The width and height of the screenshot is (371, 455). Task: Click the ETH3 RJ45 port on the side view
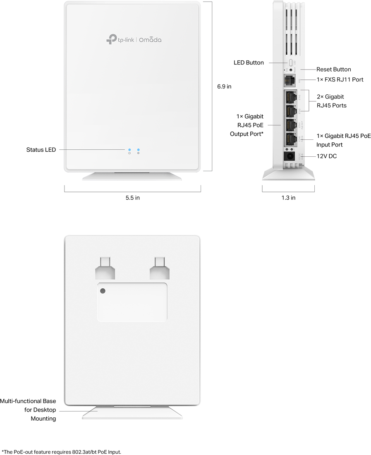[290, 97]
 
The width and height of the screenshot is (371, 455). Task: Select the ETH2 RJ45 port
[290, 110]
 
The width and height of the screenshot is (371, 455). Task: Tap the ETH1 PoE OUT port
[290, 125]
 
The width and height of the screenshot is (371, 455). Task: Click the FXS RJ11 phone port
[290, 80]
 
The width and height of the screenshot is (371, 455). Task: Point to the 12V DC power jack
[290, 156]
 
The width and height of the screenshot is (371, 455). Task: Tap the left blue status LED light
[129, 149]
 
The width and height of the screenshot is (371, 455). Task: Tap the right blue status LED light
[139, 149]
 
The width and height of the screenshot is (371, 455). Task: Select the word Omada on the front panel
[150, 40]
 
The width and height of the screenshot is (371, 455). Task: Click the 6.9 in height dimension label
[224, 87]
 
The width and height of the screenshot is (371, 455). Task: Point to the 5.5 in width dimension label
[133, 198]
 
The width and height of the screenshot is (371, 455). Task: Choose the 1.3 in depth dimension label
[288, 198]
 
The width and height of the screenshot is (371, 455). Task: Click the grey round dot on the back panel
[103, 291]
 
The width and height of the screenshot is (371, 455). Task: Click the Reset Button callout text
[333, 69]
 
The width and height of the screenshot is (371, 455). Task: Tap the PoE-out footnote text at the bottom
[62, 452]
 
